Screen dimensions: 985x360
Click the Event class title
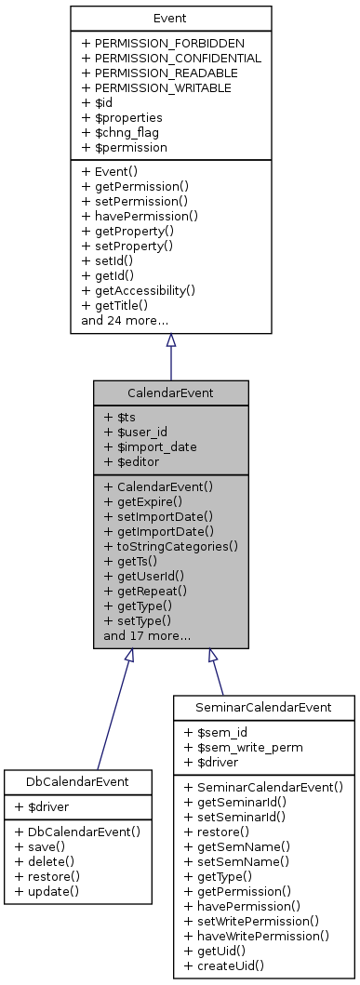pyautogui.click(x=170, y=19)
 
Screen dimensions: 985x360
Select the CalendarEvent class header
pyautogui.click(x=170, y=393)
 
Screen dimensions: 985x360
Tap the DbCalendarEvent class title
pyautogui.click(x=77, y=781)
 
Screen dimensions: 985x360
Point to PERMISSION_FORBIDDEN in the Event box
pyautogui.click(x=163, y=43)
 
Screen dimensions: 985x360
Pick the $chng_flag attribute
pyautogui.click(x=120, y=132)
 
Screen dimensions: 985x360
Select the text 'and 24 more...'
pyautogui.click(x=125, y=320)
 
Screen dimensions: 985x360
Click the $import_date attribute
pyautogui.click(x=150, y=446)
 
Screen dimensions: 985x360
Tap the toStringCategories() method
pyautogui.click(x=171, y=546)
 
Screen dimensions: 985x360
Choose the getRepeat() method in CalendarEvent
pyautogui.click(x=145, y=591)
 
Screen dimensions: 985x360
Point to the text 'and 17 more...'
pyautogui.click(x=147, y=636)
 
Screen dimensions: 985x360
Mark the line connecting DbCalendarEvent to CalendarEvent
pyautogui.click(x=113, y=712)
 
